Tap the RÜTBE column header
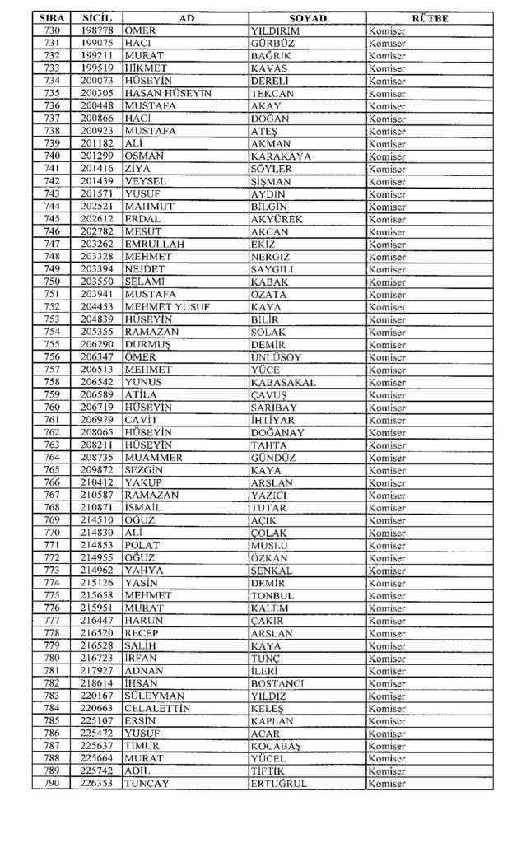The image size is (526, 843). click(429, 18)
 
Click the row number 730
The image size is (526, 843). click(52, 31)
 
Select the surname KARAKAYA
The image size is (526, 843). click(280, 156)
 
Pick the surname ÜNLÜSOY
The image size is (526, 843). click(276, 356)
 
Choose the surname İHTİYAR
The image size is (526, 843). click(272, 420)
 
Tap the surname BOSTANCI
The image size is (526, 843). click(277, 683)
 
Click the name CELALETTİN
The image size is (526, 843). click(157, 708)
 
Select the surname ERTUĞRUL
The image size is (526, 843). click(278, 784)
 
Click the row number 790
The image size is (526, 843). click(52, 784)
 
